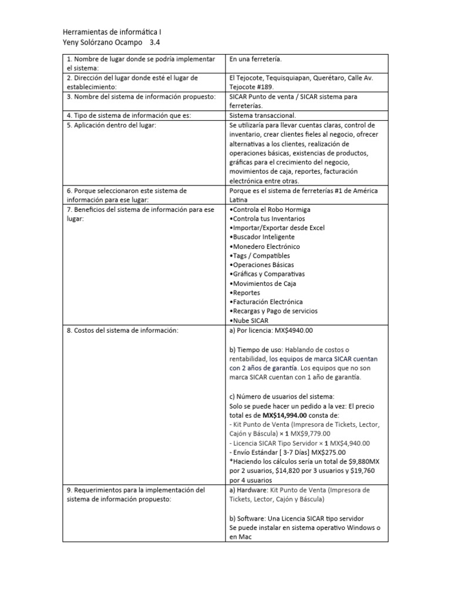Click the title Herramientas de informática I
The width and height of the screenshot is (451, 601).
112,32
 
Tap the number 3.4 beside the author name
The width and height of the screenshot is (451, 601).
155,43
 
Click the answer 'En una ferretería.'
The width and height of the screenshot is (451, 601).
255,59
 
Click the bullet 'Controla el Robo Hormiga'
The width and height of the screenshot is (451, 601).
270,209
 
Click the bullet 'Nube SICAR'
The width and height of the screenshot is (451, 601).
248,320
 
